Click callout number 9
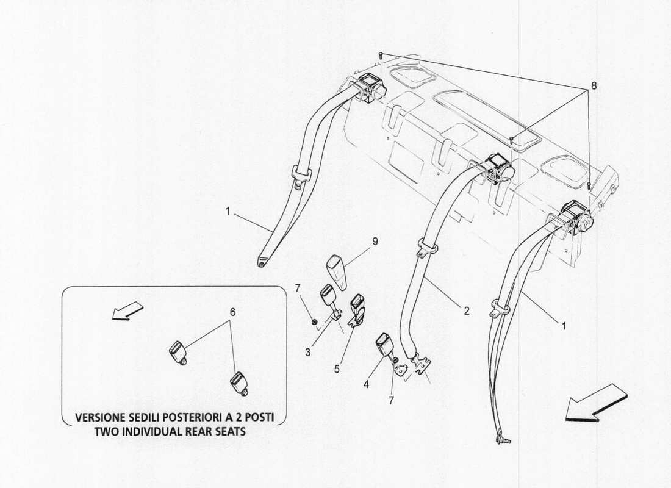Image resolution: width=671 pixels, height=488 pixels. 375,242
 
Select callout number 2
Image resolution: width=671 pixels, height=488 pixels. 466,310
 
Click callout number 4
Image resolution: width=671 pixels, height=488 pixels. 367,385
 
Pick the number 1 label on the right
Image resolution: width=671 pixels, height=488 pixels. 564,326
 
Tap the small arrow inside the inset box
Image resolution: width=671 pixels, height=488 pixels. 129,310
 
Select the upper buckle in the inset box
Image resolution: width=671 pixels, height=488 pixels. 178,353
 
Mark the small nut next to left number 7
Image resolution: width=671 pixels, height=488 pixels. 312,321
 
